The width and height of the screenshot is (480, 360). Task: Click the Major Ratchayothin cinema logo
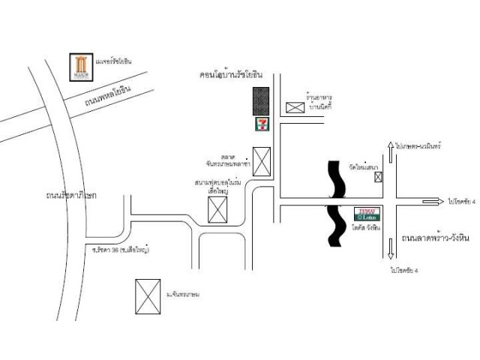(80, 67)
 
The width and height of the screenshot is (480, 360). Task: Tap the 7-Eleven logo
(261, 122)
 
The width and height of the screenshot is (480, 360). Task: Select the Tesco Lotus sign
(367, 213)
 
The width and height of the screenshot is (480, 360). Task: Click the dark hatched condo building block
(261, 100)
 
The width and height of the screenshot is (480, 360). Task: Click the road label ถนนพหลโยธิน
(108, 97)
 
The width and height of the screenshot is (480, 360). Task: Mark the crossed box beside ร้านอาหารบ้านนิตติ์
(295, 108)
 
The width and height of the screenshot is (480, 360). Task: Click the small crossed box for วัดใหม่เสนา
(377, 177)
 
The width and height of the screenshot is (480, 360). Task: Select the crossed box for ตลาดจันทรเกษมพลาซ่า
(262, 160)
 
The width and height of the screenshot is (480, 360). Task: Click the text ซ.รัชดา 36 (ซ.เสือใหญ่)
(121, 249)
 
